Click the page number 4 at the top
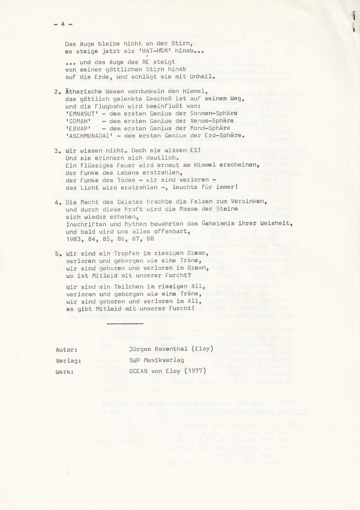(62, 25)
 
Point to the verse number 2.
(55, 92)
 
